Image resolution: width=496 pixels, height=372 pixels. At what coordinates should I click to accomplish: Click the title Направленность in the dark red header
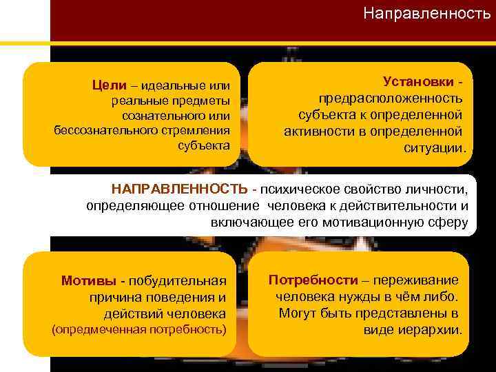426,14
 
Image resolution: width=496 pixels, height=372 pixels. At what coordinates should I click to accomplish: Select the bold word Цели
110,85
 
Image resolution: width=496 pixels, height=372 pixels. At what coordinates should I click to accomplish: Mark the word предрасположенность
390,99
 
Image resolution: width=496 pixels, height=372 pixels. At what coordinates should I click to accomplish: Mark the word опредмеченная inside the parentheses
99,329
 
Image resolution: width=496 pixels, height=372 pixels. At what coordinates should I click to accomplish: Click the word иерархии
435,330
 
